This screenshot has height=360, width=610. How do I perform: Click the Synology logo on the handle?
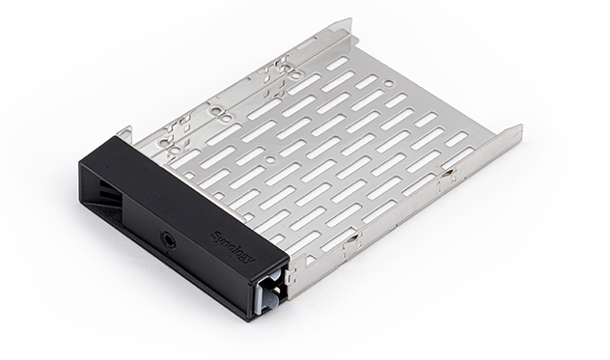click(x=231, y=238)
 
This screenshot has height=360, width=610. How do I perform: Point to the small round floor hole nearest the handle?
click(x=270, y=160)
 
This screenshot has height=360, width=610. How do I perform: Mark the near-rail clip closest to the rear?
click(x=450, y=176)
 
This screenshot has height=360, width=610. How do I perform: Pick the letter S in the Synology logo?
click(x=215, y=232)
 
